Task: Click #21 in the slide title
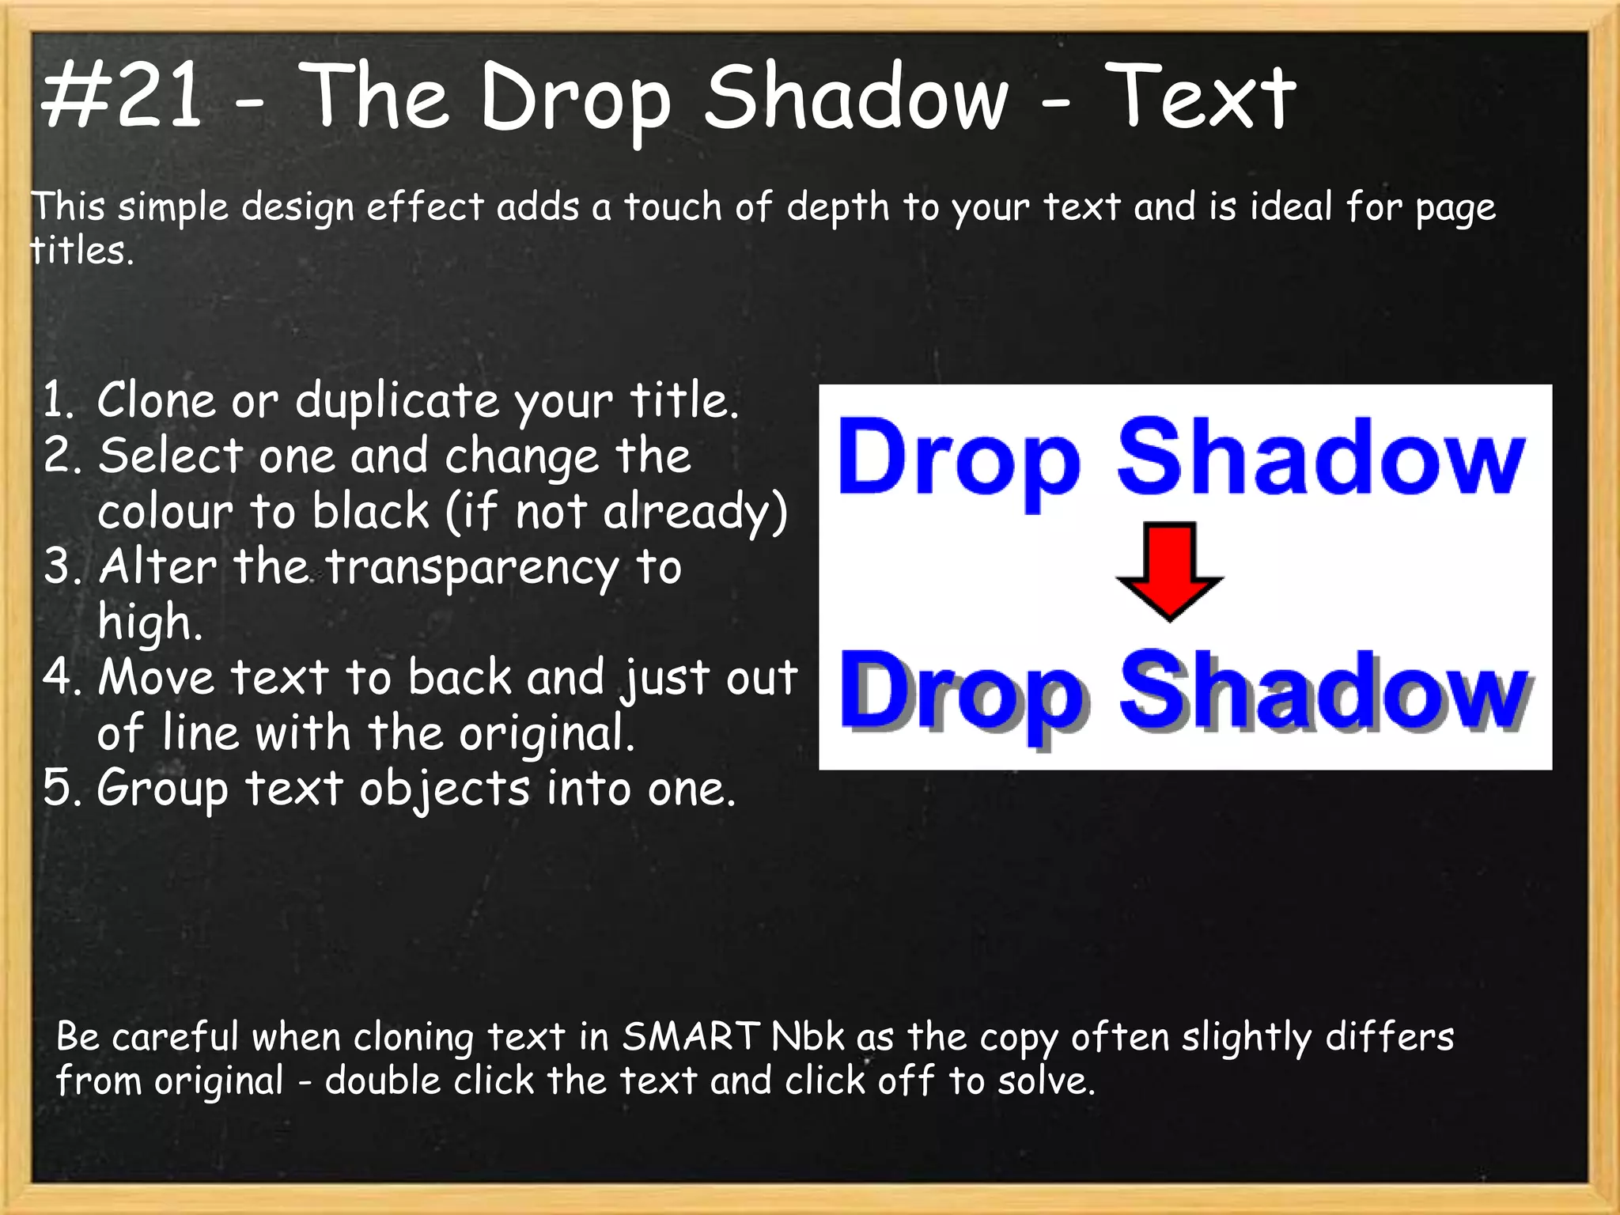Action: [x=123, y=97]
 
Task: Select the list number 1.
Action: [x=57, y=400]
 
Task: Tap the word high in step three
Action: [x=150, y=623]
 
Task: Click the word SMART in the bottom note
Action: [x=690, y=1037]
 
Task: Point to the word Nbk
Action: [x=808, y=1037]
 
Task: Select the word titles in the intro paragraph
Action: [x=80, y=252]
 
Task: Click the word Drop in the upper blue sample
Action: [x=958, y=459]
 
